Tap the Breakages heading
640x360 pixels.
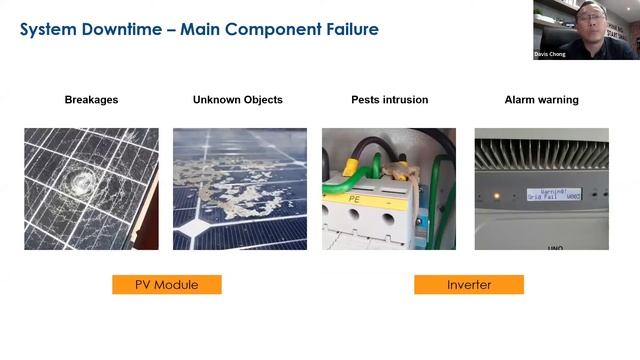click(91, 100)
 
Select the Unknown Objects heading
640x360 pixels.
click(237, 100)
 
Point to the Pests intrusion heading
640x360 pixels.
click(389, 100)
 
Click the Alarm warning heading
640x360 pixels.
click(540, 100)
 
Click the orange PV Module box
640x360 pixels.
click(166, 285)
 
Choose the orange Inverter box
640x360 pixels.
click(468, 285)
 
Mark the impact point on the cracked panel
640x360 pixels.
click(81, 183)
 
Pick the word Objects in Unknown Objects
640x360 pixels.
click(261, 100)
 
